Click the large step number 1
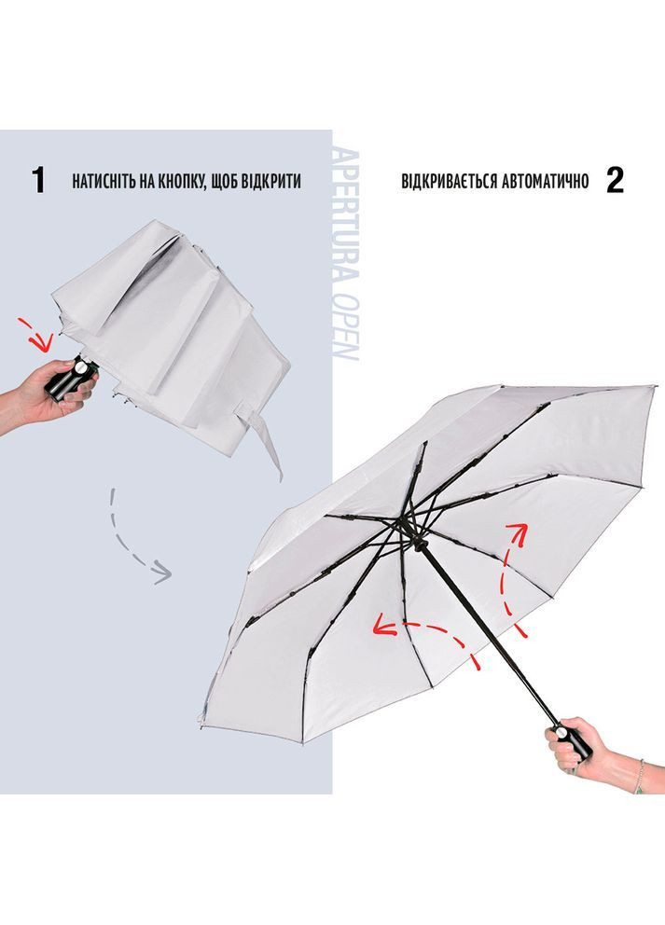38,181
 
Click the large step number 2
615,181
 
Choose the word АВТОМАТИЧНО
546,181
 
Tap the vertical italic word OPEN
346,327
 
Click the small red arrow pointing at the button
35,333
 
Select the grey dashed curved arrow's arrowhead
161,573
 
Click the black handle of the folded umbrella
69,380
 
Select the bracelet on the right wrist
640,777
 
